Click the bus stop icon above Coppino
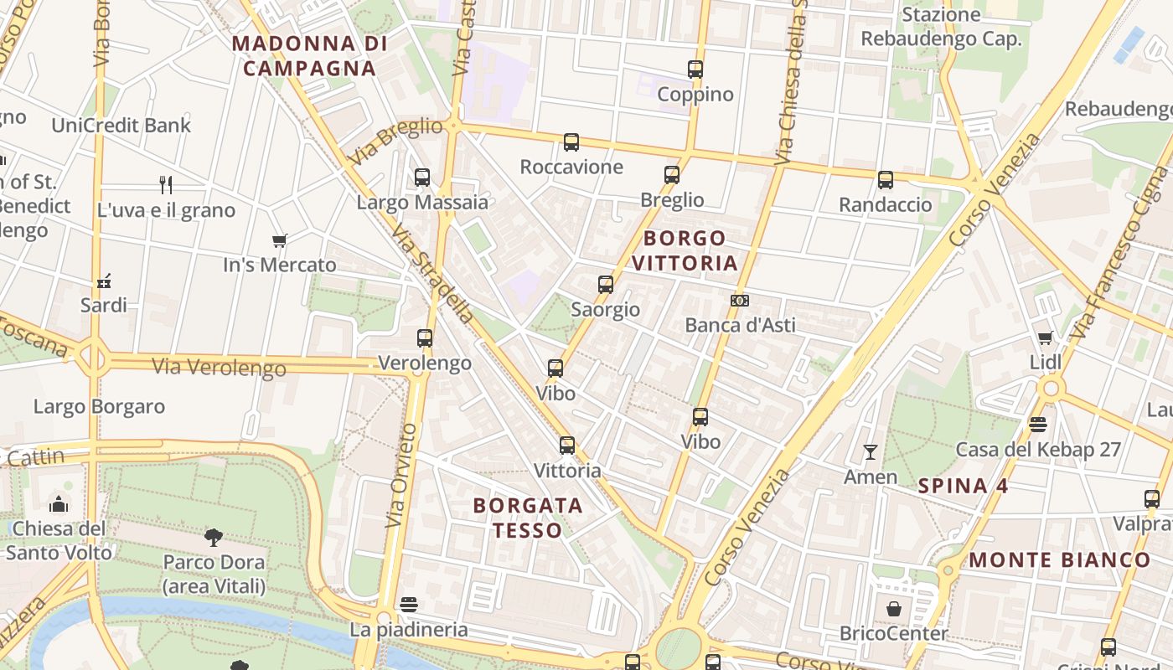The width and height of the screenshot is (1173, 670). click(695, 70)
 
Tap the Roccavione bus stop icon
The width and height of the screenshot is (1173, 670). click(571, 142)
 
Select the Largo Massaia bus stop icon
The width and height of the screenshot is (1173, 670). click(422, 178)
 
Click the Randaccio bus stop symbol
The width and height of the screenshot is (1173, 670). click(886, 180)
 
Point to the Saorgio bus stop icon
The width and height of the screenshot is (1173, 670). click(606, 285)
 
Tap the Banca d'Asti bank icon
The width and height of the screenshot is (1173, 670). click(740, 301)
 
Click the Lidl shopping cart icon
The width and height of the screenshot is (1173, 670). click(1045, 338)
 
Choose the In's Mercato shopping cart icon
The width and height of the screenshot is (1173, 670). click(280, 241)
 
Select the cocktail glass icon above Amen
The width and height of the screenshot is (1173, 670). click(871, 453)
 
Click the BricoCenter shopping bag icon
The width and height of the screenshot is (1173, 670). click(894, 609)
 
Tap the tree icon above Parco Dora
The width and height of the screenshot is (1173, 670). click(214, 537)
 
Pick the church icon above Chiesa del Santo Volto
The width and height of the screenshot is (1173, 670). click(59, 504)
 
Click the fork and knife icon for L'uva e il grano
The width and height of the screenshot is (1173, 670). click(166, 185)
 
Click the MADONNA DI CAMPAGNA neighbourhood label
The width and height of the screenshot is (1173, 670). click(309, 56)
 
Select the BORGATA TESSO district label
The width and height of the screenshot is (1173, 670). click(528, 518)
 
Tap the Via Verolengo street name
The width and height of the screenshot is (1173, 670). click(220, 366)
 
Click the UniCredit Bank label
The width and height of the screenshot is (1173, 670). click(121, 126)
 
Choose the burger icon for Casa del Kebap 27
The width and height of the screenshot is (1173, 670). click(1038, 425)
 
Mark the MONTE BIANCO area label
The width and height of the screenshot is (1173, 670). click(1060, 560)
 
